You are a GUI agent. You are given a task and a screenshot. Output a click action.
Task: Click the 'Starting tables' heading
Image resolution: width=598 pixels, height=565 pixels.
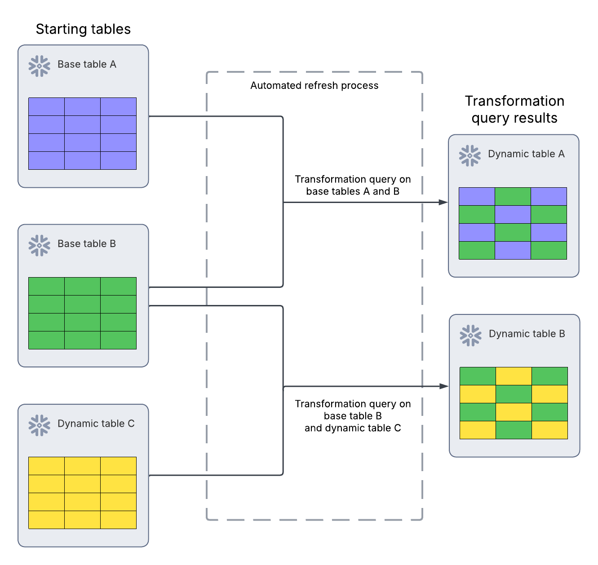83,29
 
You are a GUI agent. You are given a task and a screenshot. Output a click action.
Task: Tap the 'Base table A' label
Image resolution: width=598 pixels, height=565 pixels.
87,64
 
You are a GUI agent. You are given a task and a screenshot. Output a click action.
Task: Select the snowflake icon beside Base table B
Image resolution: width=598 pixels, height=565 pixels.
39,245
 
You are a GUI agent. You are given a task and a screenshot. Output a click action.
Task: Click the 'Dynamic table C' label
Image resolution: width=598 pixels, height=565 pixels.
96,424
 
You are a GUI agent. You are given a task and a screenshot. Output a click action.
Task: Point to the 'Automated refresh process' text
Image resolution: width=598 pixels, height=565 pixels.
314,85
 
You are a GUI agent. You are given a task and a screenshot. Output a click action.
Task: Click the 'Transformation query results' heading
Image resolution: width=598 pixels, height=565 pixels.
514,109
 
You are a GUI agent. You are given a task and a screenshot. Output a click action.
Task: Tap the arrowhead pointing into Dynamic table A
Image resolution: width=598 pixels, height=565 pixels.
443,202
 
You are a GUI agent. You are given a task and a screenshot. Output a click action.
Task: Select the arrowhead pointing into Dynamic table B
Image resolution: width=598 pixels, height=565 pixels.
443,386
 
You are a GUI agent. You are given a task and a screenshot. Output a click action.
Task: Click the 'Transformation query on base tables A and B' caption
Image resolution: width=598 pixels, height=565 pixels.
353,185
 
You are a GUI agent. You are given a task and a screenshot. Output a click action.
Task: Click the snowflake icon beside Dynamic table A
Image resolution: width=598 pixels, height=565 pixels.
470,155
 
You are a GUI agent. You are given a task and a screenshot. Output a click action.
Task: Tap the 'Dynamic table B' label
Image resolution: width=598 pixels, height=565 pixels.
527,334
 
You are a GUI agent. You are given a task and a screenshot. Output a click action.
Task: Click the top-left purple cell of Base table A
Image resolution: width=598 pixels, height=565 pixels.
46,107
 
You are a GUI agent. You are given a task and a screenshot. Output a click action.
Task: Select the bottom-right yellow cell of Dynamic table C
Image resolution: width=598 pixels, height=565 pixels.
118,520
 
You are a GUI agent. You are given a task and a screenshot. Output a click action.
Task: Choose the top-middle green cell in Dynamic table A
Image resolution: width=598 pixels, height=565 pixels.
513,197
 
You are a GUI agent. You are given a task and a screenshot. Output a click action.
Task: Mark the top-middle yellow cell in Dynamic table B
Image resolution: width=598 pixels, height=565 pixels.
514,376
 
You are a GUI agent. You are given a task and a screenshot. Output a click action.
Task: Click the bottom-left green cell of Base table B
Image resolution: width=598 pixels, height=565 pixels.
46,340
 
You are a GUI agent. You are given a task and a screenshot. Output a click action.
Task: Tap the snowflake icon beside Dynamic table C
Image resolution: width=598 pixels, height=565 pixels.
39,425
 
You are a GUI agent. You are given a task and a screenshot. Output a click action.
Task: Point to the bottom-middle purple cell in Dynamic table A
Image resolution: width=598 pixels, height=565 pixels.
513,250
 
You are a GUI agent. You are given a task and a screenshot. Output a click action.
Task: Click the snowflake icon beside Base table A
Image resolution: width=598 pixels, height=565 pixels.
39,66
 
